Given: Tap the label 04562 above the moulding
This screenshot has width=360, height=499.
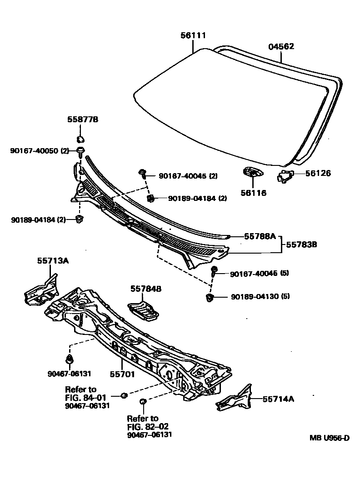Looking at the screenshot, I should coord(281,46).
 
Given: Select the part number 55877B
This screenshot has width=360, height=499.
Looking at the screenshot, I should coord(83,120).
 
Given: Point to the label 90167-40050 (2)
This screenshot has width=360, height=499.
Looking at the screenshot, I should coord(40,150).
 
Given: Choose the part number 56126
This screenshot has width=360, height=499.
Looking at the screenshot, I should coord(318,173).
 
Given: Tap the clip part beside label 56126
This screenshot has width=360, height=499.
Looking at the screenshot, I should coord(286,176).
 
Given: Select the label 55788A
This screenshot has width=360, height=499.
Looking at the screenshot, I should coord(260,236).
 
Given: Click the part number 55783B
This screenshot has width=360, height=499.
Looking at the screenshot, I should coord(301,245).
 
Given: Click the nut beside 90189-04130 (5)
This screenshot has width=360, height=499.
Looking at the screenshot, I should coord(210,298).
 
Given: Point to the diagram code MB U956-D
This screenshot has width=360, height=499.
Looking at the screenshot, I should coord(330,438).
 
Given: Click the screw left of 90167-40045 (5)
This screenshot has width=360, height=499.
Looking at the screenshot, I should coord(214,273).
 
